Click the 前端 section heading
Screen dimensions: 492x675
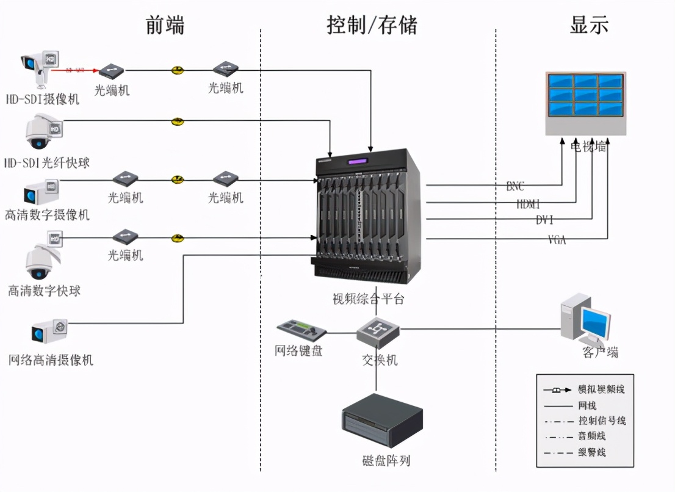[165, 25]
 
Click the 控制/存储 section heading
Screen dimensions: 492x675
[372, 25]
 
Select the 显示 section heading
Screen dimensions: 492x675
[589, 25]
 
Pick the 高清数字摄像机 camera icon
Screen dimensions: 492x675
[41, 192]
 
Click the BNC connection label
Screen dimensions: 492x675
[515, 186]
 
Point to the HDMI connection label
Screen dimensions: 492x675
[528, 204]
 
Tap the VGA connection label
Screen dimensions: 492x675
[557, 240]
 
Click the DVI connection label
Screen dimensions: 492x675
[544, 220]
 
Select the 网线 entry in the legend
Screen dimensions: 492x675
[587, 405]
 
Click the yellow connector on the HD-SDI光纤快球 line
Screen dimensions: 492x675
[177, 121]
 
